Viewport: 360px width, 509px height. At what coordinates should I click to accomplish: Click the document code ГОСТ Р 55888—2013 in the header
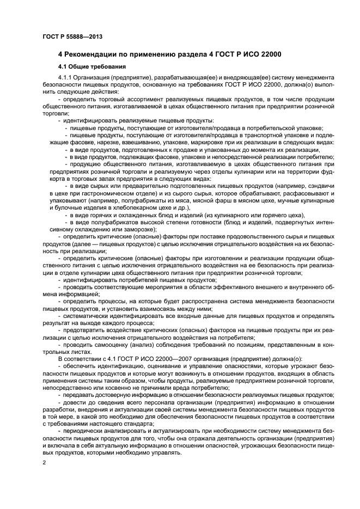click(72, 36)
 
